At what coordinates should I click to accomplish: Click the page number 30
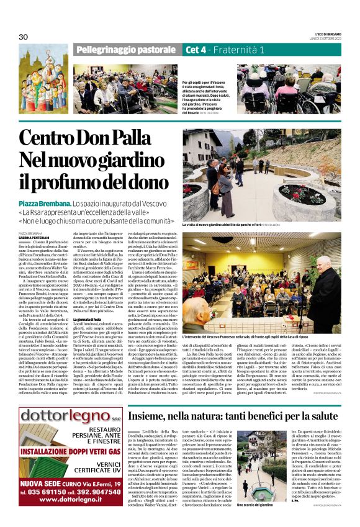24,37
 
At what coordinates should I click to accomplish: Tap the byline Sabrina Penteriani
33,238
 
